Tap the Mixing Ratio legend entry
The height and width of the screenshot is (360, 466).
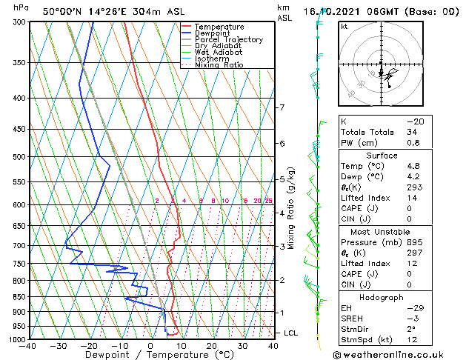[x=219, y=65]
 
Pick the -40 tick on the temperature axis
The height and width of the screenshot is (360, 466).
[x=29, y=346]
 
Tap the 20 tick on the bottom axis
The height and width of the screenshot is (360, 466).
[x=212, y=346]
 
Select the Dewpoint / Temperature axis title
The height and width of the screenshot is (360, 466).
[x=150, y=355]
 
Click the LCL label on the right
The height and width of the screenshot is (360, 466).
[x=291, y=333]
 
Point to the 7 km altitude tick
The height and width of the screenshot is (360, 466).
[x=282, y=107]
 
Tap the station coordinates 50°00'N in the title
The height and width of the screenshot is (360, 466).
[x=62, y=11]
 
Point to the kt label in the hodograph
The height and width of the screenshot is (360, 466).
[x=344, y=26]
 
